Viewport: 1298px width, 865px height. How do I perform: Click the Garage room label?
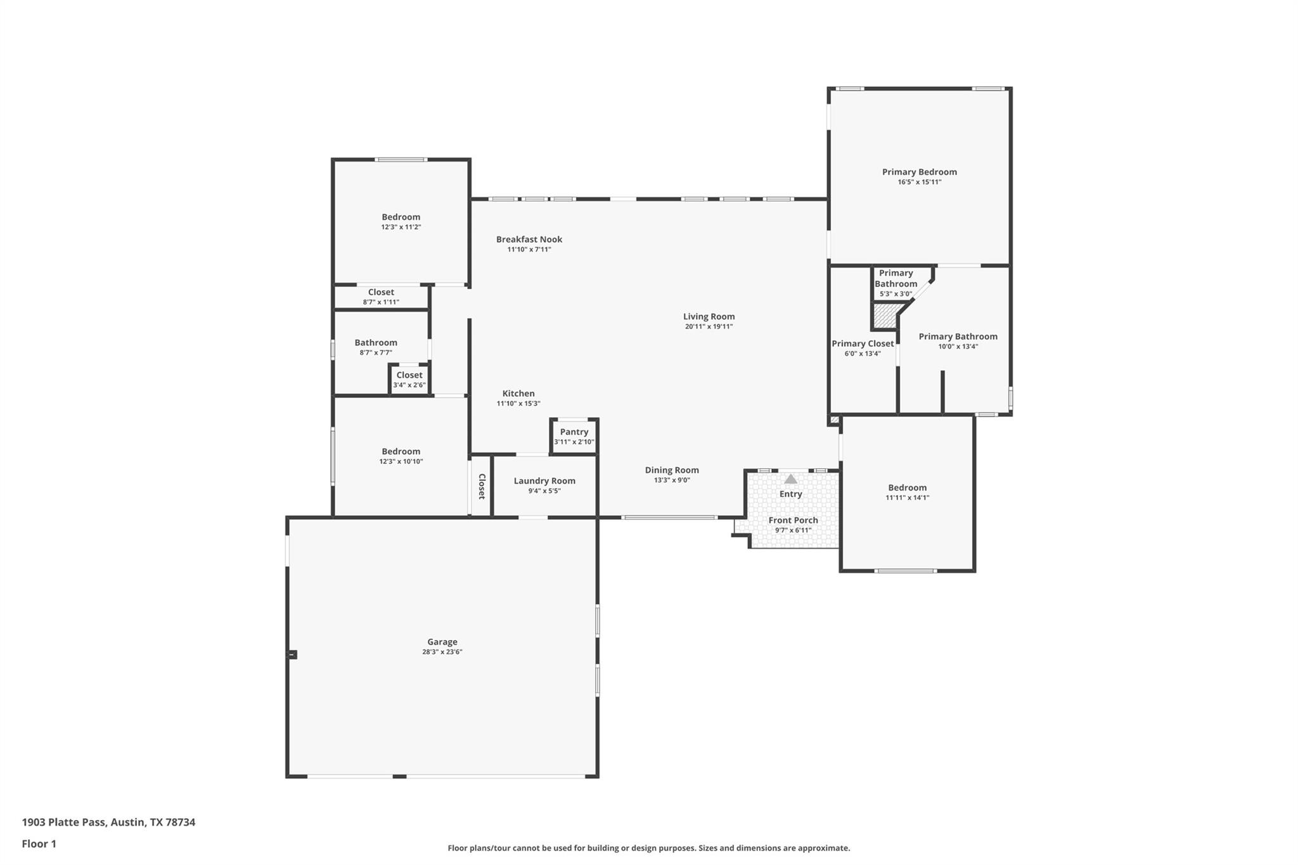pos(442,642)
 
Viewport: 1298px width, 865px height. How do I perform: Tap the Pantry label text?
pos(574,432)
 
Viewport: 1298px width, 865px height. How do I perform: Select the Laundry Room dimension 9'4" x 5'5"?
pos(544,491)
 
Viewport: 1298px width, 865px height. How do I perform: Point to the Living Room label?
pos(709,316)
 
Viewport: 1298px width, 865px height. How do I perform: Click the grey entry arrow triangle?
pos(790,479)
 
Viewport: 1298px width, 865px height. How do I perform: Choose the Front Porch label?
pos(793,520)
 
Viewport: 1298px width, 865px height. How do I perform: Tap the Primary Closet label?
pos(863,343)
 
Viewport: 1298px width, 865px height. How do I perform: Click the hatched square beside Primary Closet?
pos(885,316)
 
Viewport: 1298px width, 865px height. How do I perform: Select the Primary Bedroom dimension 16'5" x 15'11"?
pos(919,183)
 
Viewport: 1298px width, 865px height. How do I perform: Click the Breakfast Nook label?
pos(529,239)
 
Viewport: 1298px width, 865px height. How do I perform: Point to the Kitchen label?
pos(518,394)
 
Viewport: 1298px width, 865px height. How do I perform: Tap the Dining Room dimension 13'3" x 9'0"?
pos(672,480)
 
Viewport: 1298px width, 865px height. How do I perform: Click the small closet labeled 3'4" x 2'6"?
pos(409,380)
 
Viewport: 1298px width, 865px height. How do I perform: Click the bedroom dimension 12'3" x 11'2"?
pos(401,227)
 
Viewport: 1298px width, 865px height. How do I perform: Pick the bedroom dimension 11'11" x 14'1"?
pos(907,498)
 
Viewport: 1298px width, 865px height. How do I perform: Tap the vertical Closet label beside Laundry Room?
pos(482,486)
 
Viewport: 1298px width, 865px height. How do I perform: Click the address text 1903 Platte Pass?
pos(108,822)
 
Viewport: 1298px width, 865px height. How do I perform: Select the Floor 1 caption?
pos(39,843)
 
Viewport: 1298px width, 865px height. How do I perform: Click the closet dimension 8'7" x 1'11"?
pos(381,302)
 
